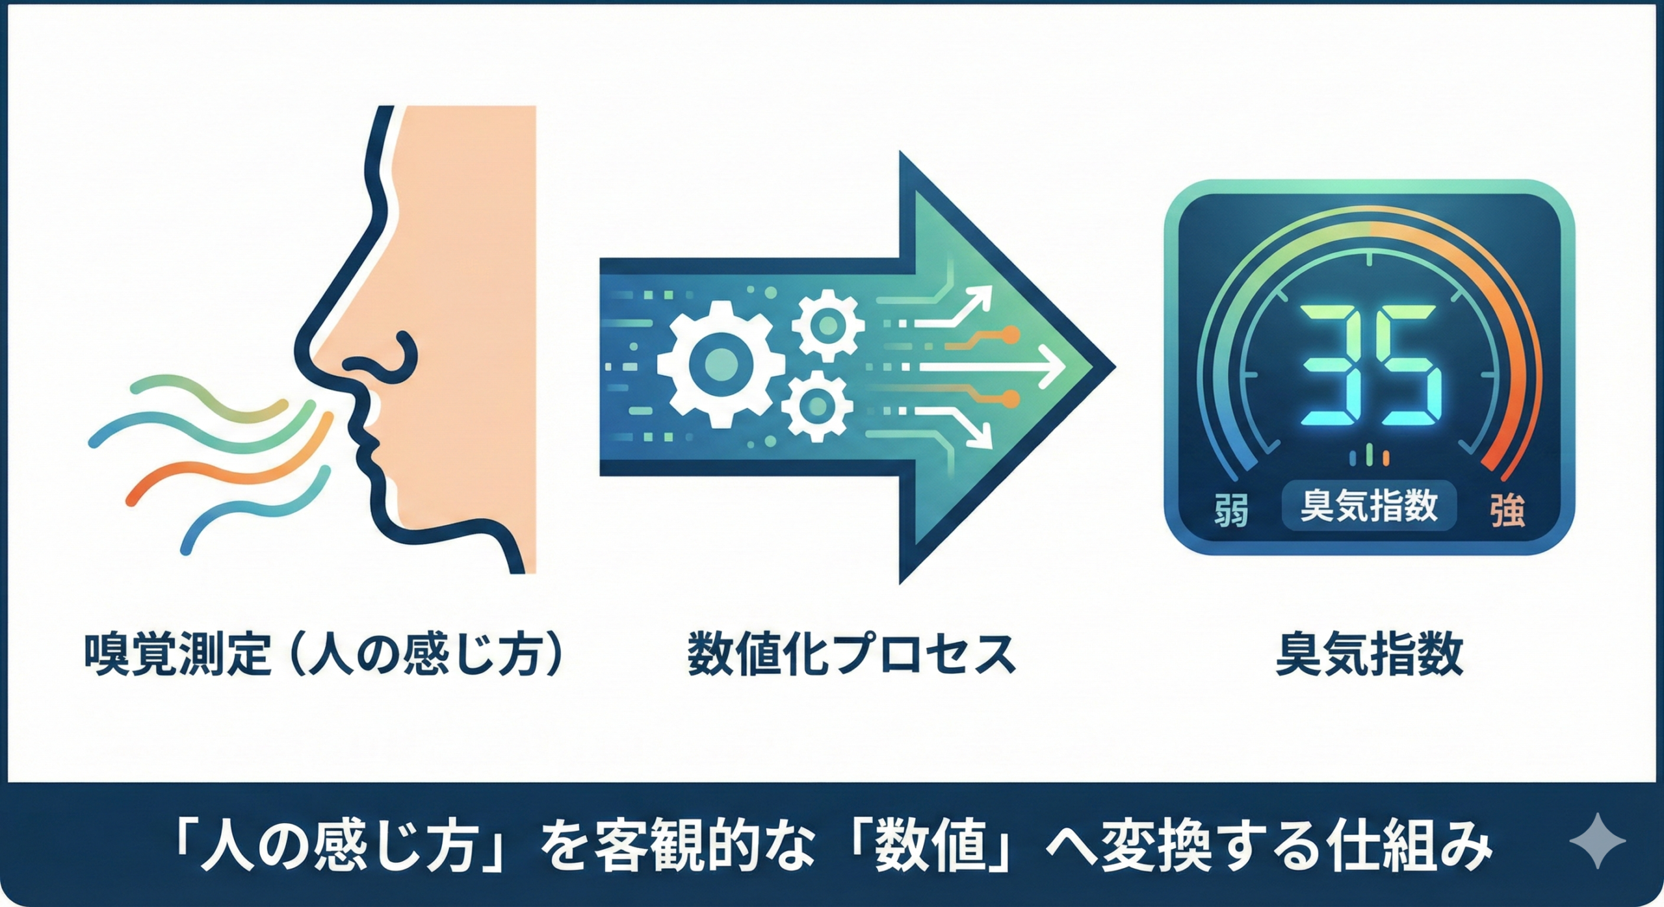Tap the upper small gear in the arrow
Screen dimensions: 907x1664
tap(827, 325)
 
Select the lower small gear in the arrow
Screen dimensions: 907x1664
tap(818, 405)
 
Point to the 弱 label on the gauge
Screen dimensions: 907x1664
tap(1230, 511)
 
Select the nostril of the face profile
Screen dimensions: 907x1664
tap(390, 361)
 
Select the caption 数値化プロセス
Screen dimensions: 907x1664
tap(851, 654)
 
